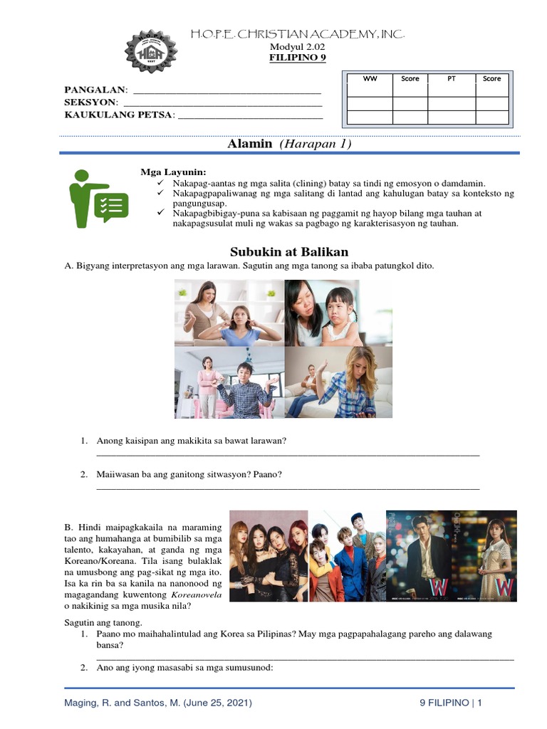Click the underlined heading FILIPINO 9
(297, 58)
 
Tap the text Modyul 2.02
(297, 47)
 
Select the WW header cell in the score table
(370, 78)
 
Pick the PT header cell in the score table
(451, 78)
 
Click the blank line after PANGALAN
(227, 90)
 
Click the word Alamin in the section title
(249, 144)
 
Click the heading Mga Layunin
(173, 172)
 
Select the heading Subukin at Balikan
(289, 252)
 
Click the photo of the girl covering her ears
(229, 313)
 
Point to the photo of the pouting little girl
(338, 313)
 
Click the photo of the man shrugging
(229, 382)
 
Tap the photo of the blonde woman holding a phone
(338, 382)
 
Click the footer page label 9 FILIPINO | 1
(450, 703)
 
